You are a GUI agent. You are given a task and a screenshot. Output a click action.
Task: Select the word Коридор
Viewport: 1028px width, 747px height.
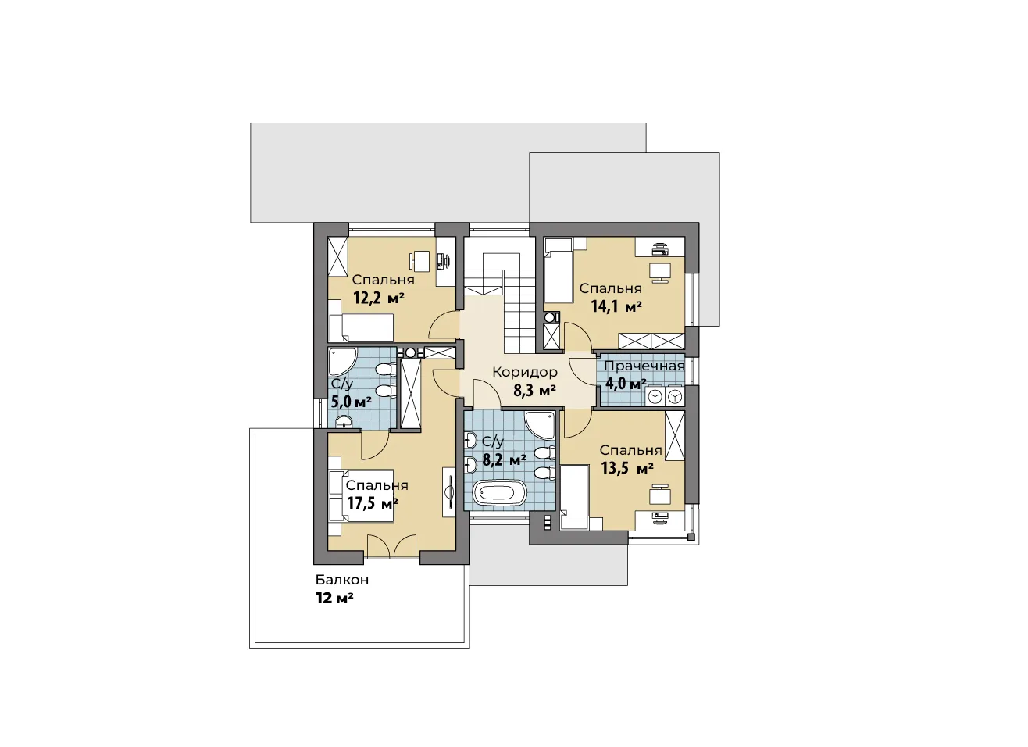[x=525, y=373]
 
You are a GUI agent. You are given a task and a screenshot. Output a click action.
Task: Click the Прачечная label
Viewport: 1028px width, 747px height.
[x=644, y=366]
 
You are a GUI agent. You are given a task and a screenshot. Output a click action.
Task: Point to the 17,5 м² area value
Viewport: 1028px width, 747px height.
[x=372, y=504]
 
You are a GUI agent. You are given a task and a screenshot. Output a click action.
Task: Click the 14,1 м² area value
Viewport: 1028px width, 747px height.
[x=616, y=307]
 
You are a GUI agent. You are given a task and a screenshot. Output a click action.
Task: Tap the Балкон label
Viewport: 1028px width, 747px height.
[x=342, y=580]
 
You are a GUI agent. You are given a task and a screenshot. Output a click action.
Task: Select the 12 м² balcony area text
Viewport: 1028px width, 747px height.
[x=334, y=599]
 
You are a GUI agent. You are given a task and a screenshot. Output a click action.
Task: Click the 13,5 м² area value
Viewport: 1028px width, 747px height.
[x=627, y=469]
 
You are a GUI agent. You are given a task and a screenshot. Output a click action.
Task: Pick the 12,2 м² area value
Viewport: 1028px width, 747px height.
[x=379, y=298]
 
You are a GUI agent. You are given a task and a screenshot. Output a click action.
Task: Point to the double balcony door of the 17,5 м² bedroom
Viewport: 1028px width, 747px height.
[x=391, y=546]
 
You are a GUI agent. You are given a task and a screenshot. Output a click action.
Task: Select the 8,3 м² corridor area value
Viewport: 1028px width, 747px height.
[x=534, y=391]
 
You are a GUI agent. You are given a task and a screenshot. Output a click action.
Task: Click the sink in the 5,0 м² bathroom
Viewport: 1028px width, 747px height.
[x=343, y=421]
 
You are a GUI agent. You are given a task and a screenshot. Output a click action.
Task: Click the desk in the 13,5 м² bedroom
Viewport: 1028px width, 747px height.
[x=660, y=496]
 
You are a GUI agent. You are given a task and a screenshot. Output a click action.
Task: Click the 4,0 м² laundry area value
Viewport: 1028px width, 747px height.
[x=626, y=384]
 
